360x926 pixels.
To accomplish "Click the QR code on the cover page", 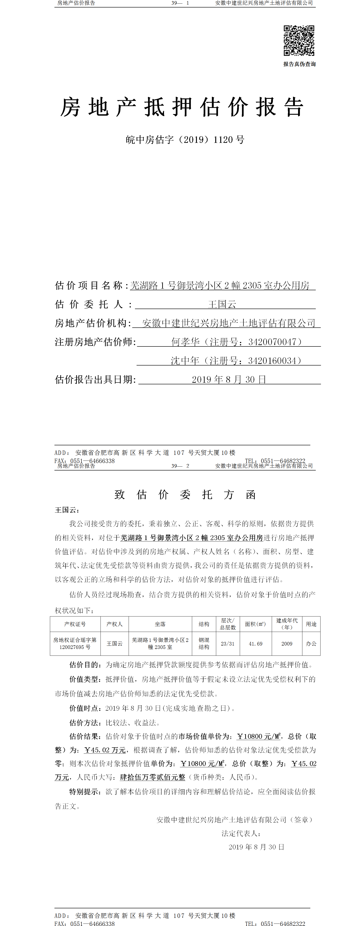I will click(299, 41).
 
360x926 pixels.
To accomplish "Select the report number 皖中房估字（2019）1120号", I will click(185, 140).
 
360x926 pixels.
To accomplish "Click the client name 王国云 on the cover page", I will click(222, 305).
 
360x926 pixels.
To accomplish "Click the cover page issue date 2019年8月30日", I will click(229, 380).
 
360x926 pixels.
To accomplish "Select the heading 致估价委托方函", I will click(185, 495).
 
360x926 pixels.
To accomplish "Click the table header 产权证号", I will click(75, 624).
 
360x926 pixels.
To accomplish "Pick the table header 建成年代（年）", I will click(287, 624).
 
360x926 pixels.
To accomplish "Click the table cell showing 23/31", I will click(227, 643).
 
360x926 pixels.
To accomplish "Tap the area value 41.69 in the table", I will click(255, 643).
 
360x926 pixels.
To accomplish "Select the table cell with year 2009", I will click(287, 643).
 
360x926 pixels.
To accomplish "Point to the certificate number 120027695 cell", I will click(75, 647).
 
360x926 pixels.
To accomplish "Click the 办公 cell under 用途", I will click(311, 643).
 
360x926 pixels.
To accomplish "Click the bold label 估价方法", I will click(85, 723).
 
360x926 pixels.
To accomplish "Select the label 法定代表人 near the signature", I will click(240, 833).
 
